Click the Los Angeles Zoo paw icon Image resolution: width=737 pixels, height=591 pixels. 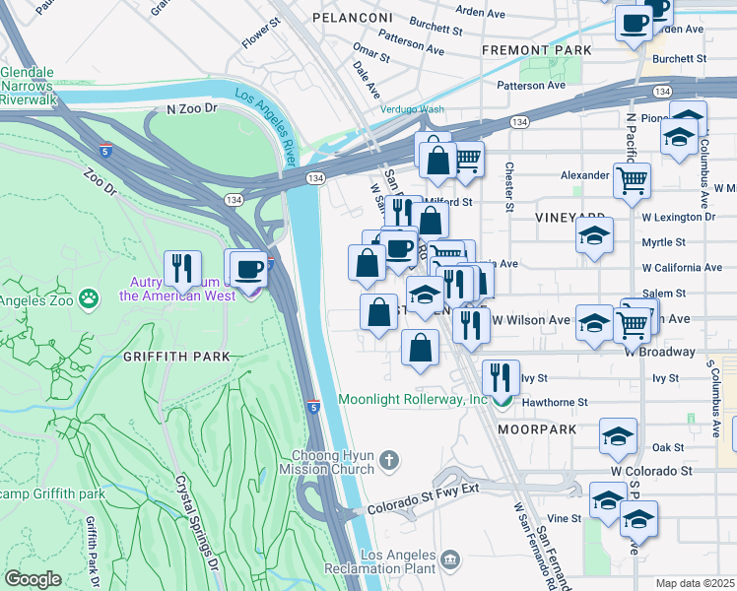coord(90,295)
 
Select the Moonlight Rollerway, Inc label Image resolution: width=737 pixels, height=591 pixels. coord(413,400)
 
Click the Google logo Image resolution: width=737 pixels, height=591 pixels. coord(32,579)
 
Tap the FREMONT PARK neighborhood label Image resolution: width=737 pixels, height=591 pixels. coord(536,49)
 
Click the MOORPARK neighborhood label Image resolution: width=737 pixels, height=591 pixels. coord(536,430)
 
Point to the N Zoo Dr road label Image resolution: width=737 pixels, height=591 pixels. coord(191,109)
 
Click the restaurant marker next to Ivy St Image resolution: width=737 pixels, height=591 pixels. coord(501,375)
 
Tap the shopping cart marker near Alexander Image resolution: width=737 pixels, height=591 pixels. coord(631,179)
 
